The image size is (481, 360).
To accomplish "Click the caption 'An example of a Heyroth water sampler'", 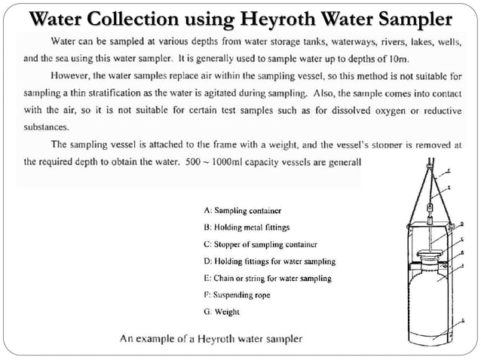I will click(x=212, y=339).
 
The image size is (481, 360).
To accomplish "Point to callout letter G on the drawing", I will click(x=462, y=321).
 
